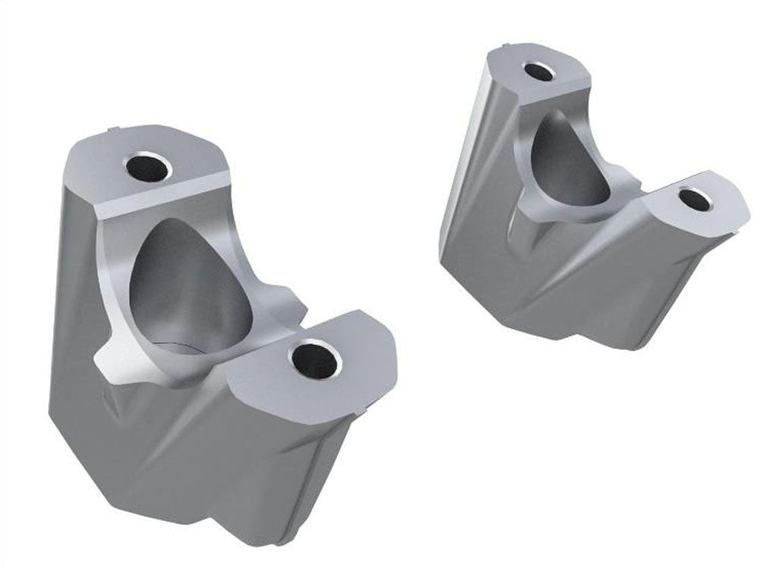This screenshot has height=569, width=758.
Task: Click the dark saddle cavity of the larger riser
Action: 189,288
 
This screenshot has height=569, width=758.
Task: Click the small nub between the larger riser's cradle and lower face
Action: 292,300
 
